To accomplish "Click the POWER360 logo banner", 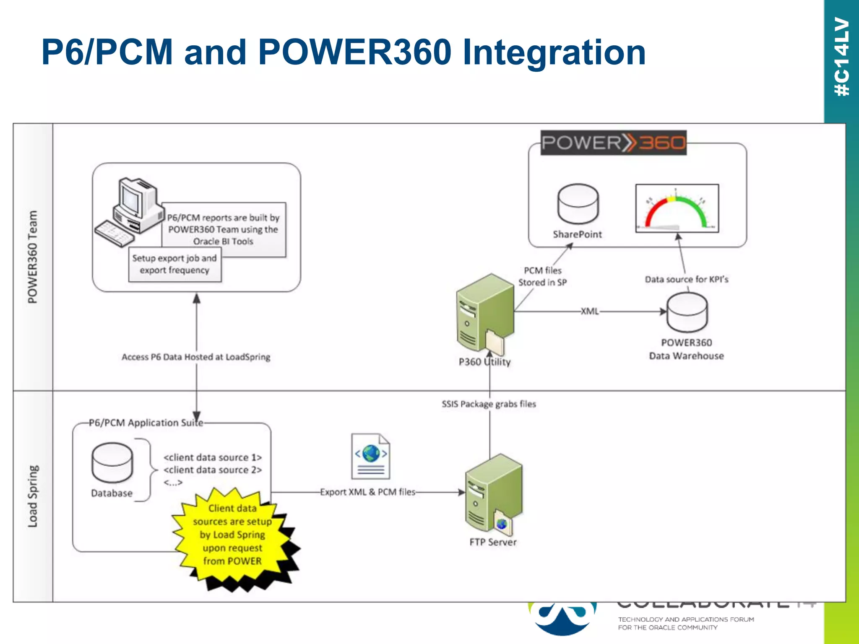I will [x=613, y=143].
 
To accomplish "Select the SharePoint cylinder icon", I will [x=578, y=204].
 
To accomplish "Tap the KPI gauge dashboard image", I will [x=677, y=208].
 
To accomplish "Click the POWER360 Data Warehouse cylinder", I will [x=687, y=312].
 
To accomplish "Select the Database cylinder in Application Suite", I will [x=112, y=463].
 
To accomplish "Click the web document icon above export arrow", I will [x=370, y=457].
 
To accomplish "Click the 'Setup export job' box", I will [x=175, y=265].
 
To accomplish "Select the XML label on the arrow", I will [x=589, y=312].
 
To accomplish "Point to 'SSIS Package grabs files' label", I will [x=489, y=404].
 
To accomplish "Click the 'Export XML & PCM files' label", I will [x=367, y=492].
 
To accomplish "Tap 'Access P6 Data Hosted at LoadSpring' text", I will [x=196, y=357].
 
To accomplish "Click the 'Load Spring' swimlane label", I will [x=33, y=496].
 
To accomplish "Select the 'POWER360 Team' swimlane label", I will [x=33, y=257].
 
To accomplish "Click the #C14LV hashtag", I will [x=841, y=57].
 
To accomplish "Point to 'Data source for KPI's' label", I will [x=686, y=280].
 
